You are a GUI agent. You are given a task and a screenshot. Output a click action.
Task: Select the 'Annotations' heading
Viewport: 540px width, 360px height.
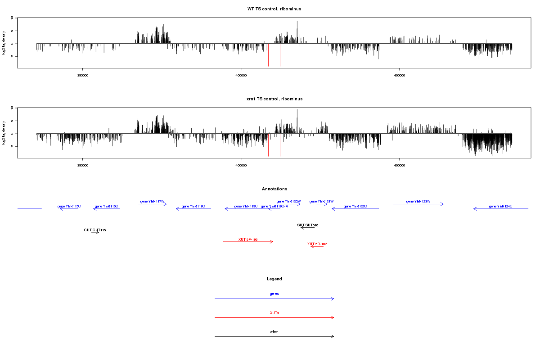[274, 189]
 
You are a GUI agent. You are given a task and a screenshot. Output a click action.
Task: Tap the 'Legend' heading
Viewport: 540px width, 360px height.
[274, 279]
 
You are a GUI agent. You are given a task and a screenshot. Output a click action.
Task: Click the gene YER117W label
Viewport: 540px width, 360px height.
[153, 201]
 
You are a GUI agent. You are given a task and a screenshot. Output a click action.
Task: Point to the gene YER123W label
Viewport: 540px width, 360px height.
[418, 201]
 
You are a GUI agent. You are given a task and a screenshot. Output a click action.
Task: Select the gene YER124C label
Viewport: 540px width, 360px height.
[500, 207]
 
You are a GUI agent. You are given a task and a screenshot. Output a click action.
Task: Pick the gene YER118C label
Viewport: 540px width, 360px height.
[193, 206]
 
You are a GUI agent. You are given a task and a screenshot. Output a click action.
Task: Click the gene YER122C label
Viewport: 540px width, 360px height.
[355, 206]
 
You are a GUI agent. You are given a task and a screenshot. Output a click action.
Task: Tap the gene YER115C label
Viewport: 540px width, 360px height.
[69, 206]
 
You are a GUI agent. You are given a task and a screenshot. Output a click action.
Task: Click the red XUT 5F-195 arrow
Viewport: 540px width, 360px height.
[248, 242]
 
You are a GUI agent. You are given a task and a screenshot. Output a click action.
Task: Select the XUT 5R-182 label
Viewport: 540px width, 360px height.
[317, 244]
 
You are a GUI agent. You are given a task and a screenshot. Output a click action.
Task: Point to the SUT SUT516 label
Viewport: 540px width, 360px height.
[308, 225]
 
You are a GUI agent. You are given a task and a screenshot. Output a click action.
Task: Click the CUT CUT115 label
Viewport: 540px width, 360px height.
[95, 230]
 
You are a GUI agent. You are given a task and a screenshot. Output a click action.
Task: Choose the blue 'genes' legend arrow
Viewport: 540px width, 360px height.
[274, 299]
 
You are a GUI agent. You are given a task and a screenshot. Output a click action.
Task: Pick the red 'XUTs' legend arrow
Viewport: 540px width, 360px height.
[274, 318]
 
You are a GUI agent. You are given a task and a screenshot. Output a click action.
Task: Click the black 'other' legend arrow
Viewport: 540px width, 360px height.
[274, 337]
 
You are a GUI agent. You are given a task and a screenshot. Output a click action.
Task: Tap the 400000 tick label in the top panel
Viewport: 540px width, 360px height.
[241, 75]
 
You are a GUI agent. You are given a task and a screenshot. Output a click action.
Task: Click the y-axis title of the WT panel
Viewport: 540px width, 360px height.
[4, 43]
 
